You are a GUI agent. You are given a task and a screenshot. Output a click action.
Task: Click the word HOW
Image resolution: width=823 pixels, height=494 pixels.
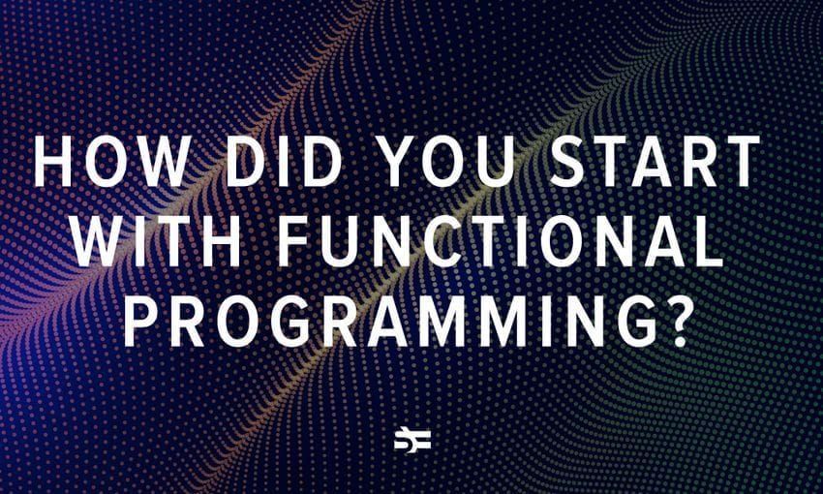click(x=110, y=161)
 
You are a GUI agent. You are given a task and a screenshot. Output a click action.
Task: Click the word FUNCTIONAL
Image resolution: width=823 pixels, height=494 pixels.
click(x=501, y=241)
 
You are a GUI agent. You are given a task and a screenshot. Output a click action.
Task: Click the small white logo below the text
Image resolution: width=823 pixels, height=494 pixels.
click(x=412, y=440)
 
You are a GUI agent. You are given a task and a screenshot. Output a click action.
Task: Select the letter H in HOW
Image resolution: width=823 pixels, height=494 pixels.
click(x=52, y=161)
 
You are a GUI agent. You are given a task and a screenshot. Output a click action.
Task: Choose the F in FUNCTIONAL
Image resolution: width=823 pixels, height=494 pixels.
click(x=294, y=241)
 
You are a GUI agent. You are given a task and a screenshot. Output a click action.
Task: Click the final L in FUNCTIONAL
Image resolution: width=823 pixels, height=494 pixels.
click(x=709, y=241)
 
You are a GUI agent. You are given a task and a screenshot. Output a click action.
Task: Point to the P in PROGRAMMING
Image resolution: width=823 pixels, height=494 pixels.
click(x=140, y=322)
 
